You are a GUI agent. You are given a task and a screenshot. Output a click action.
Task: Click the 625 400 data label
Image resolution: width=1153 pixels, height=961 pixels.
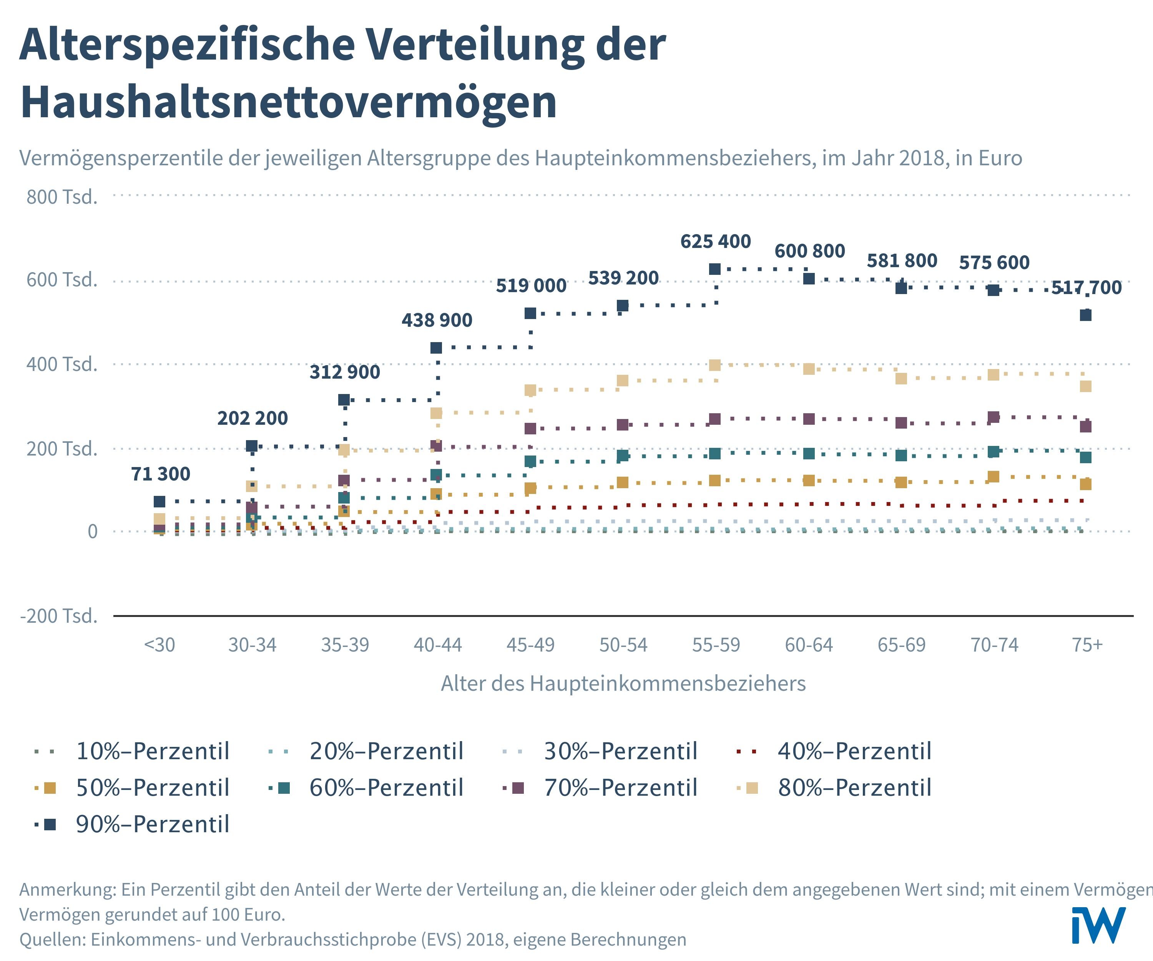pyautogui.click(x=715, y=242)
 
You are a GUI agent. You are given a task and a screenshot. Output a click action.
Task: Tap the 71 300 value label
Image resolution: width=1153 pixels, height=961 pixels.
pyautogui.click(x=160, y=474)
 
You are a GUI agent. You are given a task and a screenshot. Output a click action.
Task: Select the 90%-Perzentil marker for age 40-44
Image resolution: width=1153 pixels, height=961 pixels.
pyautogui.click(x=437, y=347)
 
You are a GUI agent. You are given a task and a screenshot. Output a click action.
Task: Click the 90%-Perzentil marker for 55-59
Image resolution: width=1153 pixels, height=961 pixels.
pyautogui.click(x=715, y=269)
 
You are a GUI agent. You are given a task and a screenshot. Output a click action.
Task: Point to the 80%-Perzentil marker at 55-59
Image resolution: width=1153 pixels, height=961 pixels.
pyautogui.click(x=715, y=365)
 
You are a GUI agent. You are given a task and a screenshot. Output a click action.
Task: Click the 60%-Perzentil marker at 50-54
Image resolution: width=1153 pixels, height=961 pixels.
pyautogui.click(x=623, y=455)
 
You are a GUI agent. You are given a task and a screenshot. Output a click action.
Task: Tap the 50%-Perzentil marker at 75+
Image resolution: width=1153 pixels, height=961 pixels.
pyautogui.click(x=1085, y=484)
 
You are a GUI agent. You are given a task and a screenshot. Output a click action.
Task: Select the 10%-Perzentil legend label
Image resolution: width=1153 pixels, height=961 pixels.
pyautogui.click(x=153, y=751)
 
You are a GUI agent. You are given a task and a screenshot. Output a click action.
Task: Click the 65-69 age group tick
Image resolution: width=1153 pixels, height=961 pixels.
pyautogui.click(x=902, y=645)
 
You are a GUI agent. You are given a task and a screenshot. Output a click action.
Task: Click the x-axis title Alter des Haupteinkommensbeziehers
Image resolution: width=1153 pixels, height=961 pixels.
pyautogui.click(x=623, y=684)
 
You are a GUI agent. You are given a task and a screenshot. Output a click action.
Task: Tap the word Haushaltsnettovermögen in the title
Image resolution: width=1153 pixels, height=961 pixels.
pyautogui.click(x=289, y=102)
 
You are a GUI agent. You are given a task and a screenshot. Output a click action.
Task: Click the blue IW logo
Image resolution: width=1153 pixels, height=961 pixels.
pyautogui.click(x=1099, y=926)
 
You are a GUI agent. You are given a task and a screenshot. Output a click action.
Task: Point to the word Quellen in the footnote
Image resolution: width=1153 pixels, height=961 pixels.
pyautogui.click(x=52, y=939)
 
